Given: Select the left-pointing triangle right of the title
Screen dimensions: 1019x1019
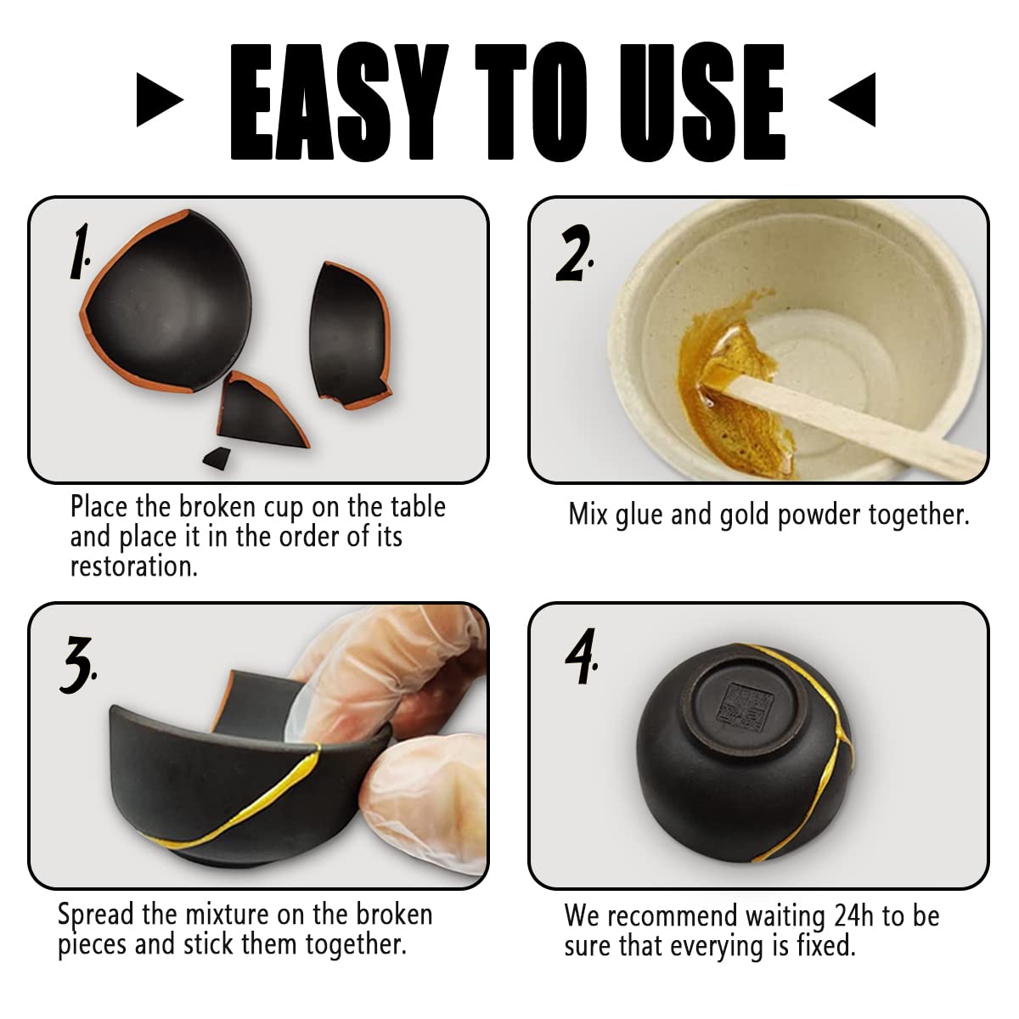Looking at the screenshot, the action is tap(852, 99).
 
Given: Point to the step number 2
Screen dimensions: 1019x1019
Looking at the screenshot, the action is tap(574, 253).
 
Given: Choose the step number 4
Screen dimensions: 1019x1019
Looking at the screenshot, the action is tap(581, 656).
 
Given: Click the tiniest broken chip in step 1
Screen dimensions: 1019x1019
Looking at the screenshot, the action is tap(217, 458).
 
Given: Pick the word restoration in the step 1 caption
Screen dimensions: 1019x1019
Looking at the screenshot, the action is tap(134, 567).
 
